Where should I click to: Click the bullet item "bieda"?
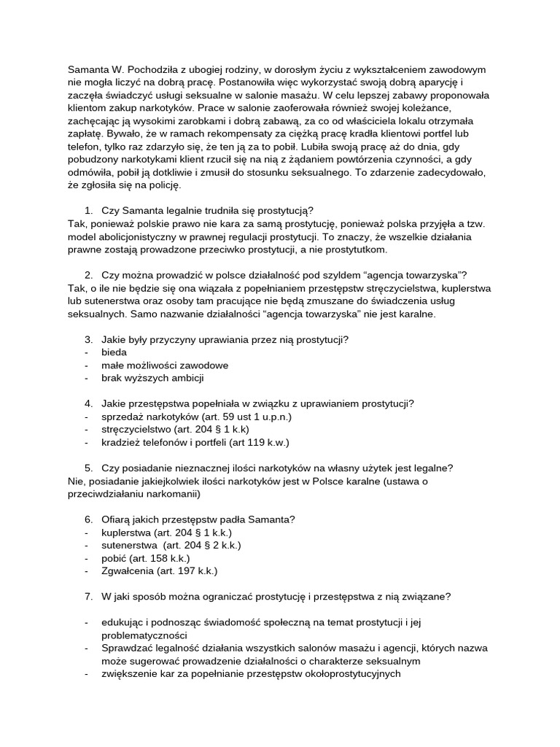click(x=114, y=352)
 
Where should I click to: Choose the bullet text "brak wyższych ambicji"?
click(x=153, y=378)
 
